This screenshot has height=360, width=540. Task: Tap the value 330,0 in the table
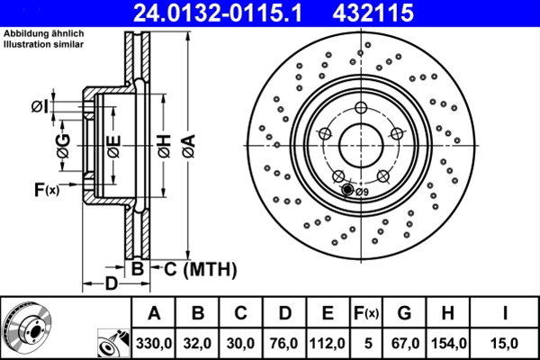click(154, 342)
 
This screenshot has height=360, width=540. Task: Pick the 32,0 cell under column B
click(197, 342)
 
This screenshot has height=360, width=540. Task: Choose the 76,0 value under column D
click(284, 342)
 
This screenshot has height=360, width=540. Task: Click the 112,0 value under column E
click(328, 342)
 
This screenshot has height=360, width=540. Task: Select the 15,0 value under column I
click(506, 342)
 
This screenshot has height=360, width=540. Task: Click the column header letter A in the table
click(154, 312)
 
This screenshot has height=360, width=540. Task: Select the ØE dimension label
click(112, 144)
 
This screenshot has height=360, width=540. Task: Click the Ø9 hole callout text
click(361, 191)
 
